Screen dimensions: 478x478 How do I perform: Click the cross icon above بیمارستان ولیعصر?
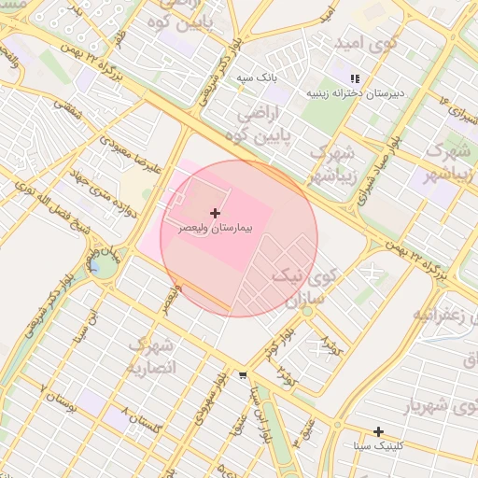tap(216, 214)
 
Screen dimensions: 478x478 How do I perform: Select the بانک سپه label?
tap(256, 77)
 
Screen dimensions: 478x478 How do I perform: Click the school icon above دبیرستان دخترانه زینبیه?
tap(353, 79)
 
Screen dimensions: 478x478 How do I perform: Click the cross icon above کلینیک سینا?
tap(378, 431)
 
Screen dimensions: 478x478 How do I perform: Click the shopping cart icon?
tap(243, 375)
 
